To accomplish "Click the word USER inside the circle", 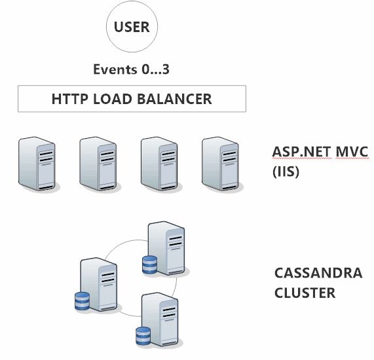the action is pyautogui.click(x=132, y=27).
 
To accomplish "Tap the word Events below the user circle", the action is pyautogui.click(x=115, y=69).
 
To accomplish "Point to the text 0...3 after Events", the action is pyautogui.click(x=155, y=69).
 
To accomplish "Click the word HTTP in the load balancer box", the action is pyautogui.click(x=70, y=99).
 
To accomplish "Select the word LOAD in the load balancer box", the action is pyautogui.click(x=113, y=99).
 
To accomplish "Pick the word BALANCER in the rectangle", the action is pyautogui.click(x=175, y=99).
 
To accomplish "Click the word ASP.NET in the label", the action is pyautogui.click(x=301, y=152).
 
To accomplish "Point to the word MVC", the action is pyautogui.click(x=352, y=152).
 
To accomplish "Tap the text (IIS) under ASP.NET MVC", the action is pyautogui.click(x=286, y=171).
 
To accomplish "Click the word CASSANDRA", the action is pyautogui.click(x=318, y=273).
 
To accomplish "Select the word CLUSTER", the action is pyautogui.click(x=305, y=293).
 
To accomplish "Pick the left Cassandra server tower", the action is pyautogui.click(x=98, y=285).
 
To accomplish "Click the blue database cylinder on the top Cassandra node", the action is pyautogui.click(x=149, y=264).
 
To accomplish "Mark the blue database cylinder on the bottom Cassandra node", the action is pyautogui.click(x=143, y=336).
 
